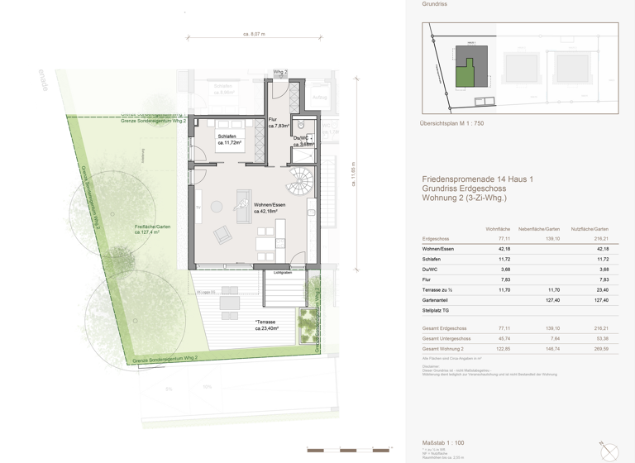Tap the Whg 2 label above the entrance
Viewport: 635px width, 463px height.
click(279, 73)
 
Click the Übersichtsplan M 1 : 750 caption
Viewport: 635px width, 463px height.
click(451, 122)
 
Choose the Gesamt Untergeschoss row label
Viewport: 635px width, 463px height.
click(446, 339)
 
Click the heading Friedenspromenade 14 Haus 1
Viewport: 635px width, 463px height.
click(471, 179)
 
